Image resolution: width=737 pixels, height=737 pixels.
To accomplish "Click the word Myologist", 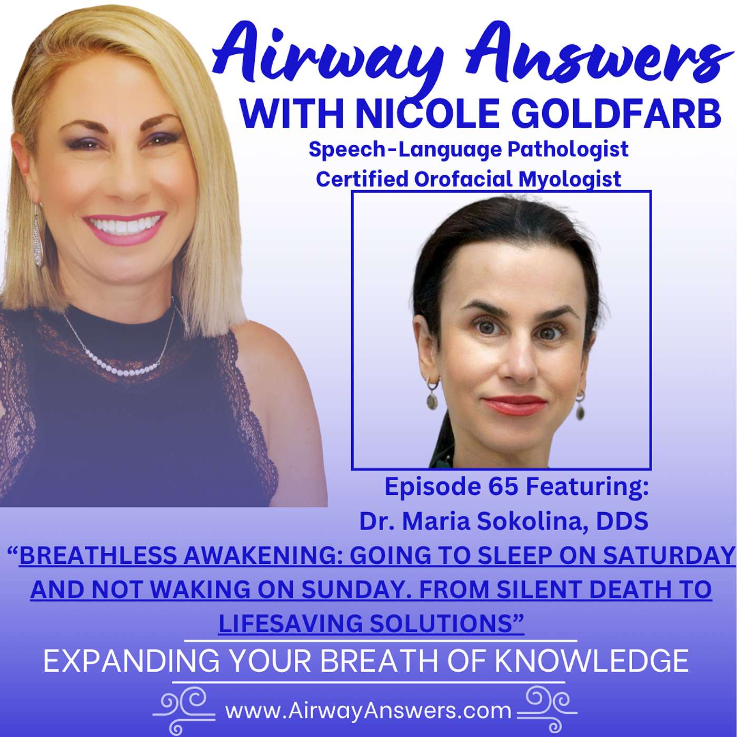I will point(570,180).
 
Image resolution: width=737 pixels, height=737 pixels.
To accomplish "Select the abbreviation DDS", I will point(622,521).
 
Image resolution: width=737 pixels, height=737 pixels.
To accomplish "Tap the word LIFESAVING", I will point(291,624).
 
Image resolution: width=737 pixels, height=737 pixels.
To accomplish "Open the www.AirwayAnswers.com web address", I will point(368,711).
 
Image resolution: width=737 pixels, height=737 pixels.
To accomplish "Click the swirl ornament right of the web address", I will point(547,708).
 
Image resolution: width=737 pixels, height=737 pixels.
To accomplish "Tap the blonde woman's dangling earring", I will point(37,237).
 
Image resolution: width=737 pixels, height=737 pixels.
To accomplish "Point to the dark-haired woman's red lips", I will point(514,405).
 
